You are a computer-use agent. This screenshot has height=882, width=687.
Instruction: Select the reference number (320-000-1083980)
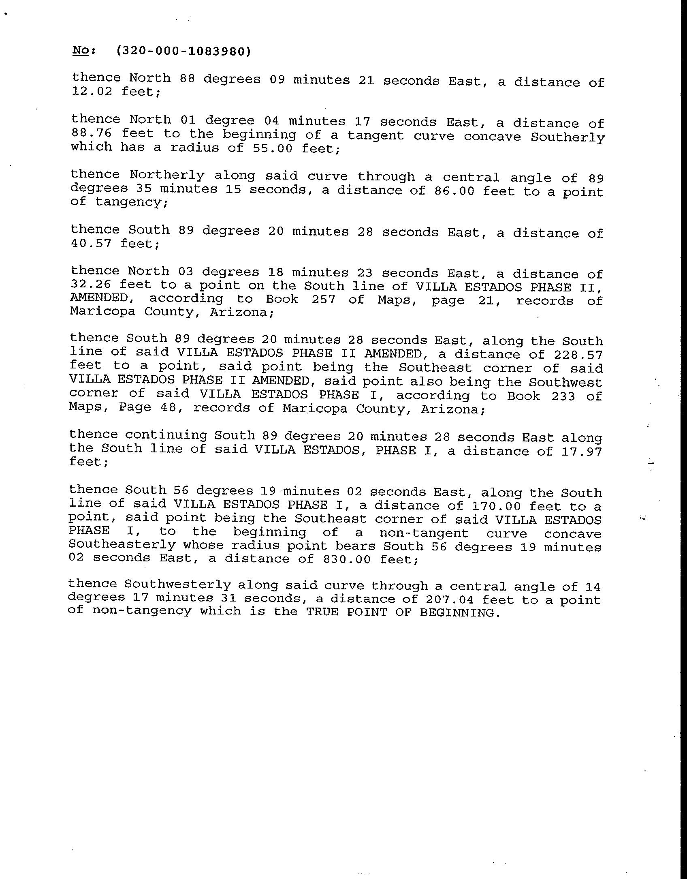(183, 51)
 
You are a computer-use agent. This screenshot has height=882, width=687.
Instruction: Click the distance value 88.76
(91, 133)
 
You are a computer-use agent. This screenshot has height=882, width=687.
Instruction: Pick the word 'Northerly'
(167, 175)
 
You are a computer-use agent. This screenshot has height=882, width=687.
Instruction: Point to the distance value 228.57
(578, 355)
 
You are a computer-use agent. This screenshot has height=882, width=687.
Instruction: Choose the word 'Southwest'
(565, 382)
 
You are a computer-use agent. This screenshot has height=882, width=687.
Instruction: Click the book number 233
(563, 396)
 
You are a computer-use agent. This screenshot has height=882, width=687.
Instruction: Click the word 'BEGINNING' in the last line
(457, 612)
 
